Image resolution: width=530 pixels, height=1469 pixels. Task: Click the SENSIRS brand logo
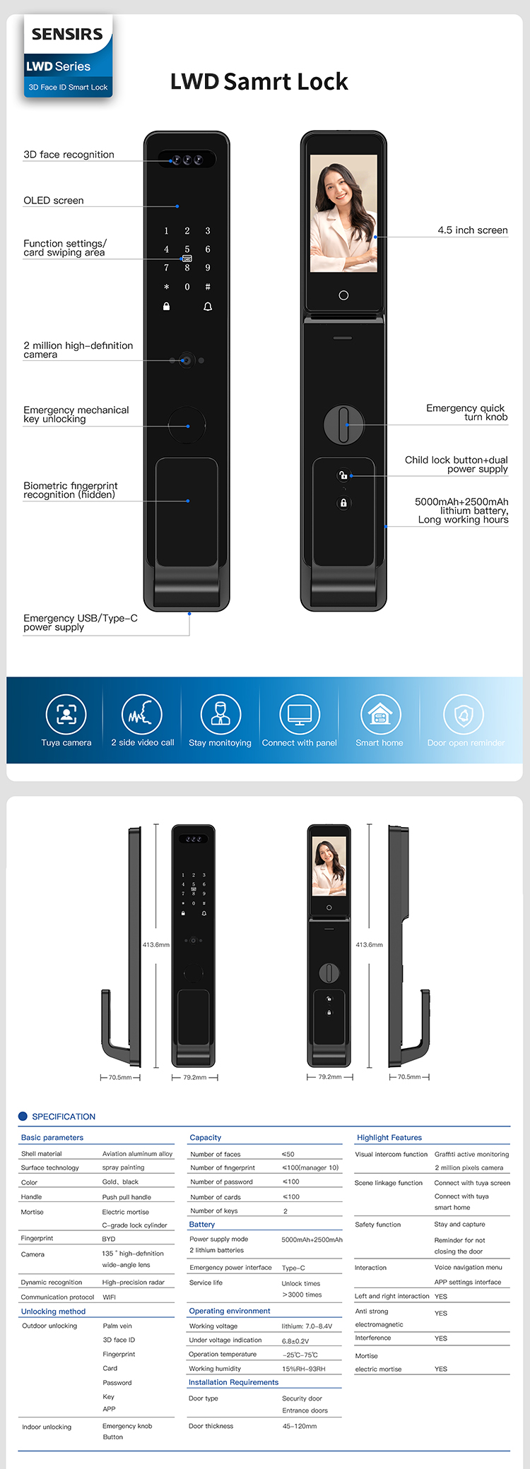(x=67, y=34)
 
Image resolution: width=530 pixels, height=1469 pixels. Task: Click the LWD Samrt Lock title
(x=259, y=82)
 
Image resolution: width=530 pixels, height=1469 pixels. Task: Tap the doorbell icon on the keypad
(x=208, y=307)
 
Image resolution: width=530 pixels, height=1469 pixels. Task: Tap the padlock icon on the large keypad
(x=167, y=307)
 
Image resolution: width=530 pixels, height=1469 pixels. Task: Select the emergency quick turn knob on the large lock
(x=343, y=424)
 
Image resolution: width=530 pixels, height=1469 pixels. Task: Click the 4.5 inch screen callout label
(x=472, y=230)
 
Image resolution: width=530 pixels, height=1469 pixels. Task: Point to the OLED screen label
(x=54, y=201)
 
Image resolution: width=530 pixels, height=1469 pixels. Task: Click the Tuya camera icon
(x=66, y=714)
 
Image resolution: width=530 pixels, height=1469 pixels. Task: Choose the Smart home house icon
(x=380, y=714)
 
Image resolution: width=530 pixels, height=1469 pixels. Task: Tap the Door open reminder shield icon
(x=464, y=714)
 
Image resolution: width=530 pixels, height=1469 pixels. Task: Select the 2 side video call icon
(x=142, y=714)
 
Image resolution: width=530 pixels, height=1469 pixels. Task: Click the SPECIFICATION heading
(x=64, y=1117)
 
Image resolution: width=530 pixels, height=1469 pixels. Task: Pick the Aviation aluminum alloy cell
(x=137, y=1154)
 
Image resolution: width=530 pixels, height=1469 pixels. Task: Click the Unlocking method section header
(x=53, y=1312)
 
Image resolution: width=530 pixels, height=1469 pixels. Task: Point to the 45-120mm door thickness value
(x=300, y=1426)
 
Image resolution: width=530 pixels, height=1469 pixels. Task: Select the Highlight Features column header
(x=389, y=1138)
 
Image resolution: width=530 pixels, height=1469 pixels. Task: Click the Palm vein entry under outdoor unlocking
(x=117, y=1326)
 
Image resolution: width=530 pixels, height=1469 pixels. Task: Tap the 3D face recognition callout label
(x=69, y=155)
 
